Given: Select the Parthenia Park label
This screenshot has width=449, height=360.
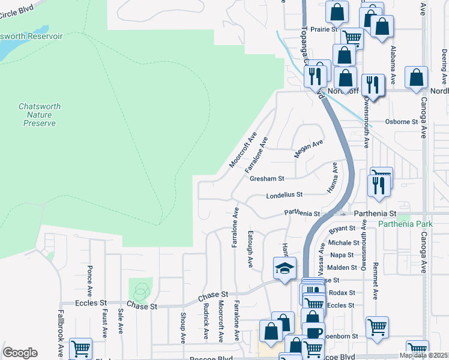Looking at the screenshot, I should click(x=405, y=224).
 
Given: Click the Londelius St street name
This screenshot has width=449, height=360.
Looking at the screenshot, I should click(x=285, y=195).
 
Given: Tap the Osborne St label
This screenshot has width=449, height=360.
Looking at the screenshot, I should click(x=402, y=121).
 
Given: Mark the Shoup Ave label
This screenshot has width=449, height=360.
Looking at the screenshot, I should click(x=182, y=327).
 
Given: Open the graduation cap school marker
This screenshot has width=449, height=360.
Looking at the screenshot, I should click(x=285, y=268).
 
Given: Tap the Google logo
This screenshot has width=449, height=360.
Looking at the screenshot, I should click(x=20, y=353).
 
